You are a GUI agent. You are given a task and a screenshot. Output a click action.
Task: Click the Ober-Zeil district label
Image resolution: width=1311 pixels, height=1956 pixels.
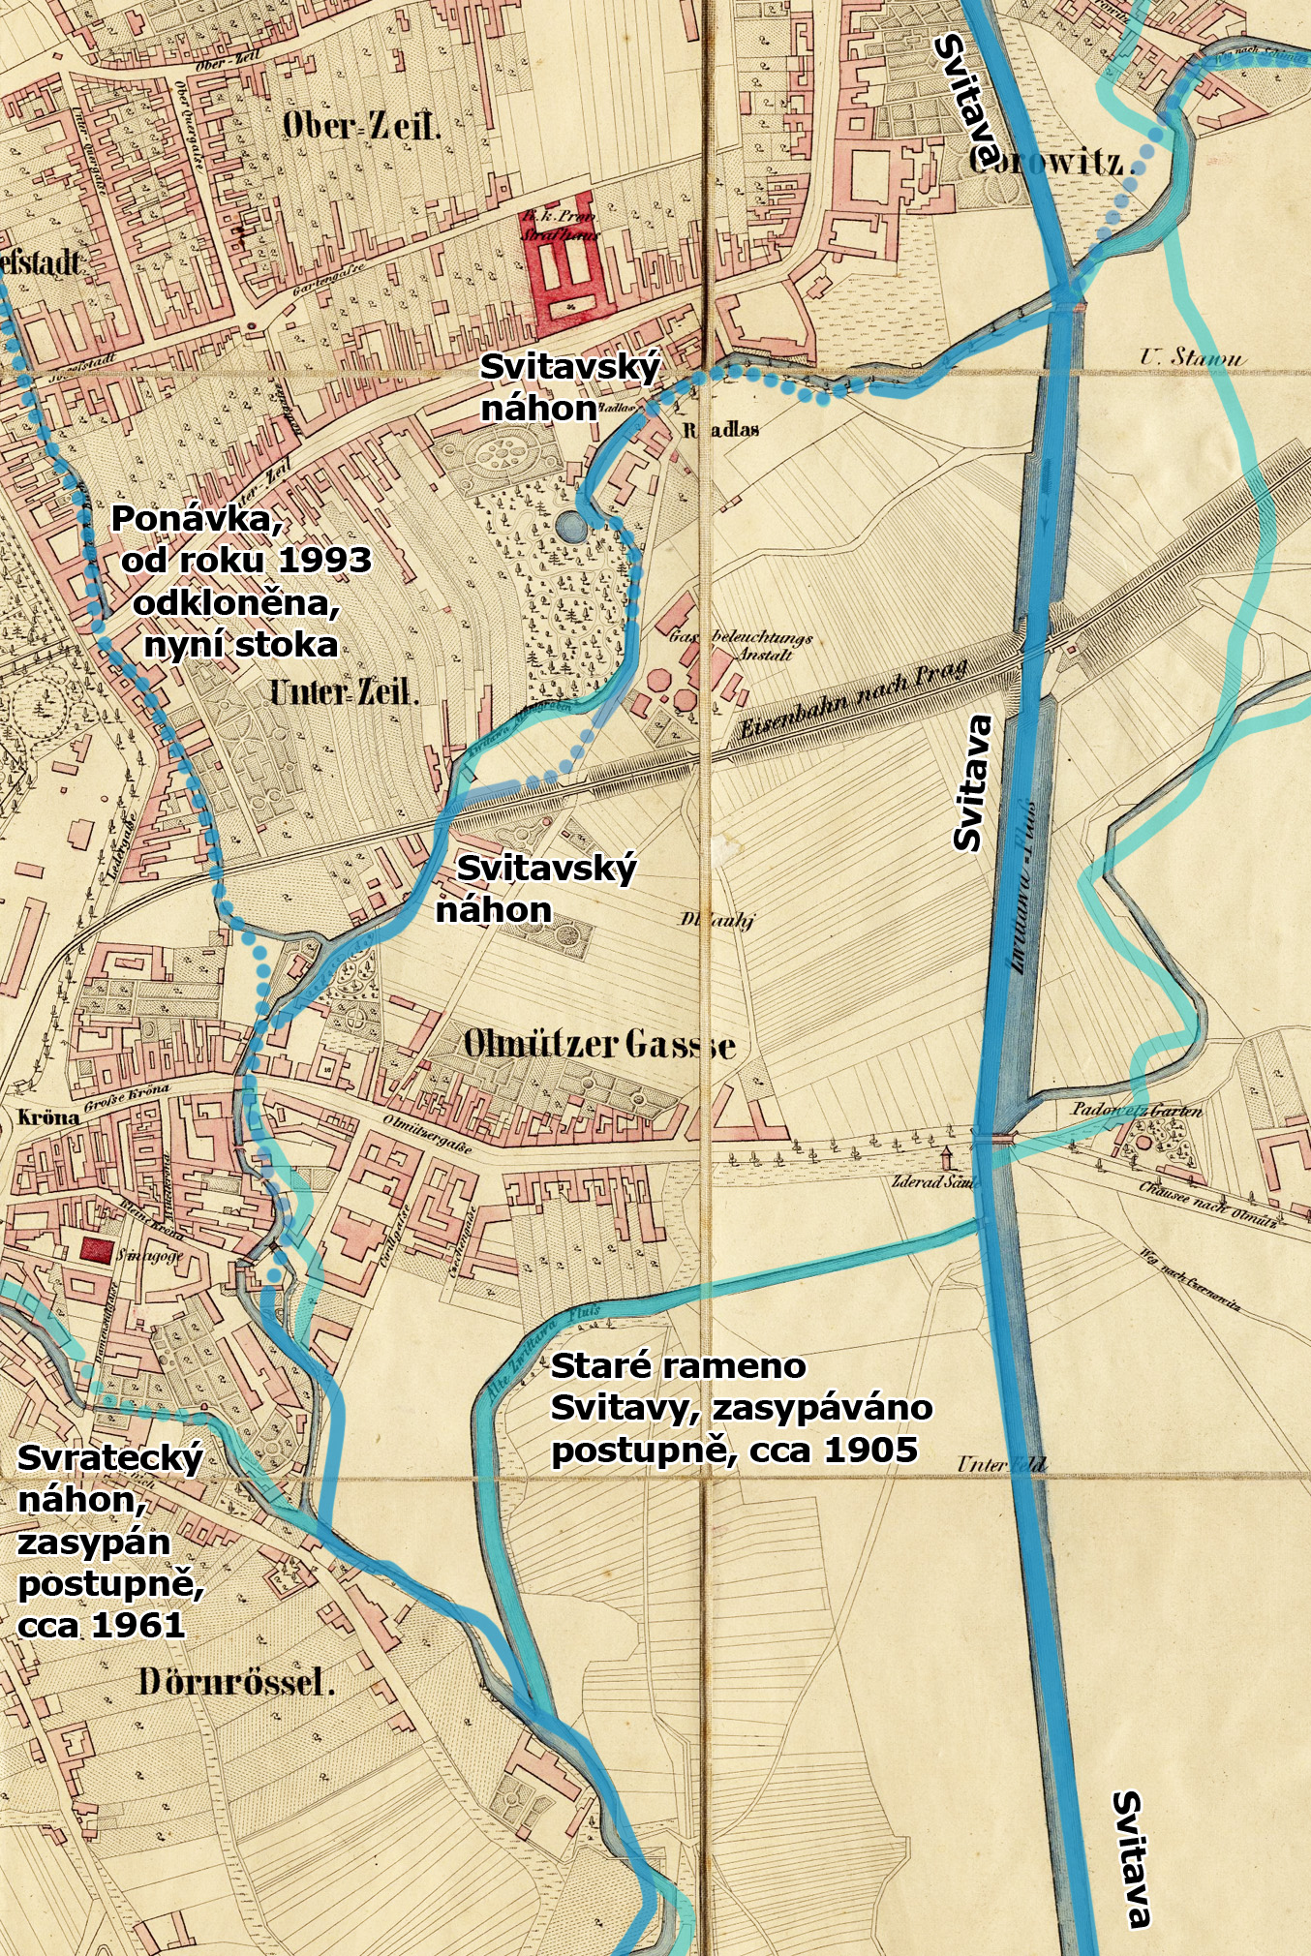coord(361,126)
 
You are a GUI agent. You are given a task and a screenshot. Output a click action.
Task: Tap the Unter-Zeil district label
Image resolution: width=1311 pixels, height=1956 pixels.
coord(344,692)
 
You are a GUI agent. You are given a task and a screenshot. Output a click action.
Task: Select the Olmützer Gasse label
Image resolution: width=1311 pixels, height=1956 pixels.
coord(598,1045)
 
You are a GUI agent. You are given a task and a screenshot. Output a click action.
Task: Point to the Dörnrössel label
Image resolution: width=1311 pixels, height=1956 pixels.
coord(236,1682)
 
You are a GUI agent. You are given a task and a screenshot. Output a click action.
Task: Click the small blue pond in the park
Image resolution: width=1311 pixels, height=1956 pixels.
coord(570,527)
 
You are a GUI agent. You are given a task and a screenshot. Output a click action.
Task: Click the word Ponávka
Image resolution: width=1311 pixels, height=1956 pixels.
coord(197,519)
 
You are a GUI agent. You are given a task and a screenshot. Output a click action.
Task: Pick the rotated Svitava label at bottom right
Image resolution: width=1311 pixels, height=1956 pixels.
coord(1132,1859)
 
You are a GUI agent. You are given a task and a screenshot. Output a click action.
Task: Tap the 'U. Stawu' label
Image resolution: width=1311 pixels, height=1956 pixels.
coord(1192,358)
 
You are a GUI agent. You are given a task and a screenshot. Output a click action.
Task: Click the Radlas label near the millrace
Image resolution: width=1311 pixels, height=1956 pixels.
coord(721,429)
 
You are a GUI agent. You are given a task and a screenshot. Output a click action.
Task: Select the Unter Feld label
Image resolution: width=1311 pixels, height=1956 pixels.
coord(1000,1464)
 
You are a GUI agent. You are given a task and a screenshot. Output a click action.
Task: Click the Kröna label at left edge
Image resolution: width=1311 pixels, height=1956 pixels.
coord(48,1116)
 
